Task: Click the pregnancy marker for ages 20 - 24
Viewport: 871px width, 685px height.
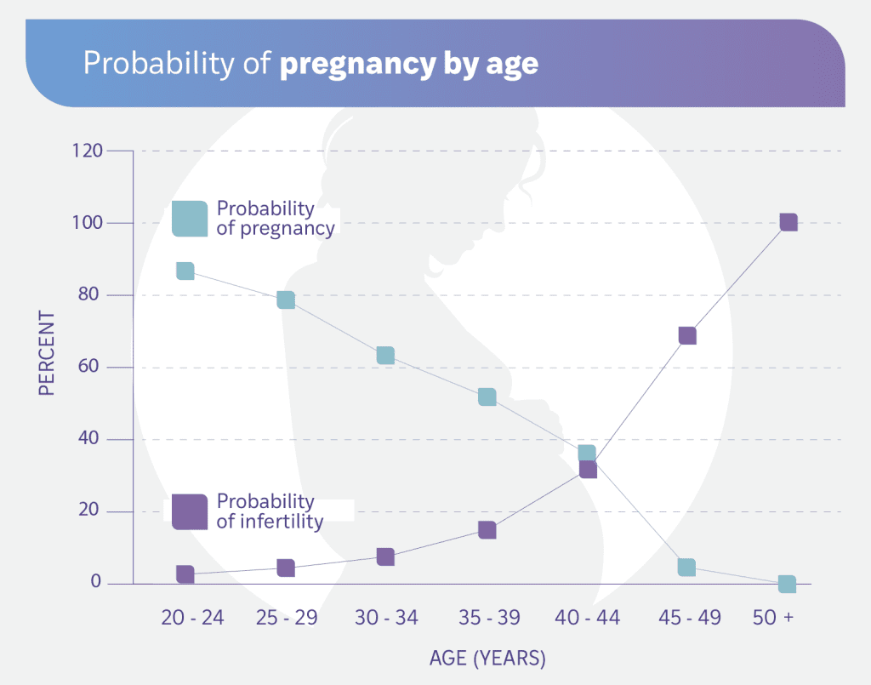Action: pos(185,271)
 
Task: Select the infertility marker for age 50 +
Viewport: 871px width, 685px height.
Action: pos(788,222)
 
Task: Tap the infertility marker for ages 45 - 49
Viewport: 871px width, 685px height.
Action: pos(687,335)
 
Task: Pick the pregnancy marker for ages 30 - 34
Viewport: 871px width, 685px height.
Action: pos(385,355)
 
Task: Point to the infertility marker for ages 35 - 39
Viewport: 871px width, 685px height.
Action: pos(487,530)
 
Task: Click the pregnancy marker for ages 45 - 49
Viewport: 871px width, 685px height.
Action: pos(687,567)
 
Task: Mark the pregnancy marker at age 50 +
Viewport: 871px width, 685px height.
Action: pos(787,584)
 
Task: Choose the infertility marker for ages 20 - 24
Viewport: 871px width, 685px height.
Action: pos(185,574)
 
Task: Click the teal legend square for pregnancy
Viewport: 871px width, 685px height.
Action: pos(189,219)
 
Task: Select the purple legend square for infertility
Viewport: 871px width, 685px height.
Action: pos(189,511)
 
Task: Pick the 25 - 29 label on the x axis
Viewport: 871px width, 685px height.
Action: pos(287,618)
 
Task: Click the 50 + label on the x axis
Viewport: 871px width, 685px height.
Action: pos(773,618)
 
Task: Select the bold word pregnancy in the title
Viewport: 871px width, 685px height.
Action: pos(352,65)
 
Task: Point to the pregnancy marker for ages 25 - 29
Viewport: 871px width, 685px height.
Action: pos(286,300)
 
